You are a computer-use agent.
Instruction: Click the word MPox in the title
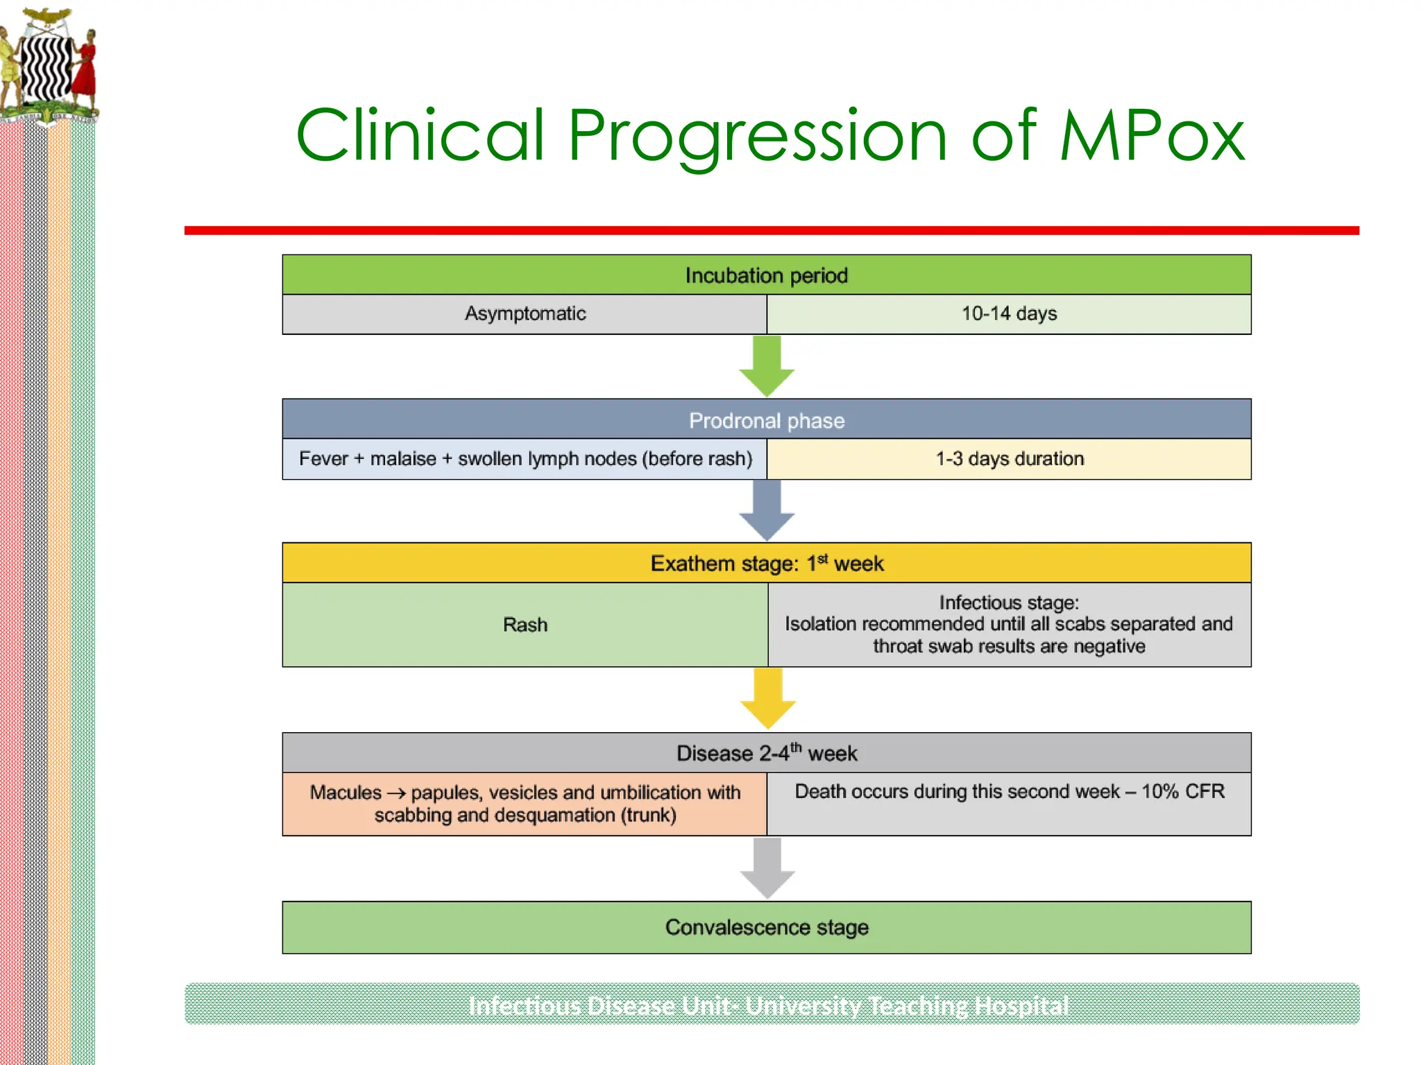[x=1152, y=135]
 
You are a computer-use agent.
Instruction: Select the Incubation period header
[x=766, y=275]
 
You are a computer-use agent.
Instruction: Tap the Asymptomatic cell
[x=525, y=314]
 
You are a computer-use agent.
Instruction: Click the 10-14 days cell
[x=1009, y=314]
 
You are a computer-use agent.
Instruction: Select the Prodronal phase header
[x=766, y=420]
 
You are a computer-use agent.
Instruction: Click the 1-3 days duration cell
[x=1009, y=459]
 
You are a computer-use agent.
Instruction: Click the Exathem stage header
[x=766, y=563]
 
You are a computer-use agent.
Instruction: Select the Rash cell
[x=525, y=625]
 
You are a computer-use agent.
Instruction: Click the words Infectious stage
[x=1009, y=603]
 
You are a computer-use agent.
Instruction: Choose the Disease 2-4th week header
[x=766, y=753]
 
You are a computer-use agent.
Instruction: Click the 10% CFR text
[x=1182, y=791]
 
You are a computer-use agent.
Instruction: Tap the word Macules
[x=346, y=793]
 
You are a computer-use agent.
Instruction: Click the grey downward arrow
[x=767, y=867]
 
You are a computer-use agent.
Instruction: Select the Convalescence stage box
[x=766, y=927]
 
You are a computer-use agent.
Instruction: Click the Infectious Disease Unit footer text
[x=768, y=1005]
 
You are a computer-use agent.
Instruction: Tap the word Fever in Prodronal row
[x=323, y=459]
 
